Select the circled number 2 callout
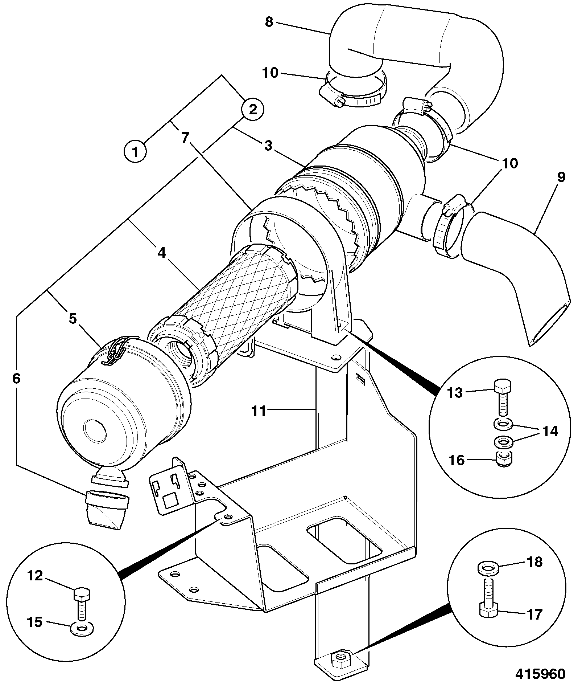point(253,109)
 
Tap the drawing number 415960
point(541,674)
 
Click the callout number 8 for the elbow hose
point(269,22)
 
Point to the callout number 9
point(561,178)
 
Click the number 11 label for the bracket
point(259,411)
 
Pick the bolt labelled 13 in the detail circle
point(503,397)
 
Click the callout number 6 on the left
point(16,379)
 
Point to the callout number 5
point(73,319)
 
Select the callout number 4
point(162,253)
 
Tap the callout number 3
point(268,146)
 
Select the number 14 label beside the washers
point(550,431)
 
